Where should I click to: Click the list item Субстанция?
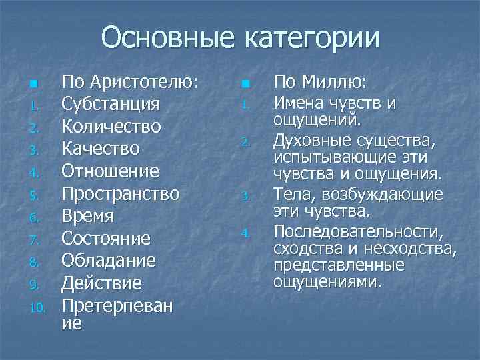point(111,105)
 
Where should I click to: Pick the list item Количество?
point(111,127)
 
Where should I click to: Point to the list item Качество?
point(101,149)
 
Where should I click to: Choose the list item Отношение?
point(111,171)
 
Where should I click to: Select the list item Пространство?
point(121,194)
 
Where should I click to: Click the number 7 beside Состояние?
point(36,239)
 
